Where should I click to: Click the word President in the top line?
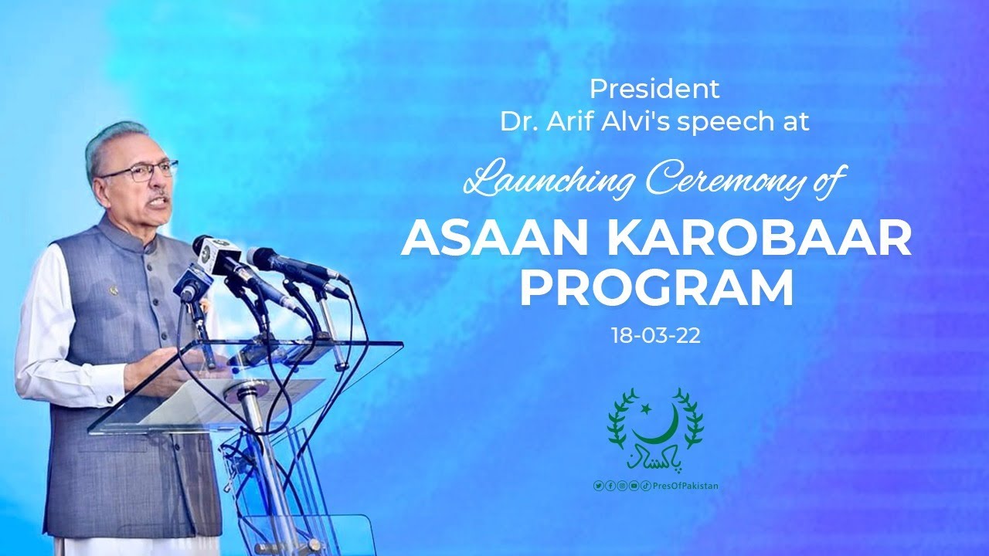[654, 89]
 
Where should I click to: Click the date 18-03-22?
[656, 336]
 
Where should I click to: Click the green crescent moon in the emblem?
[658, 425]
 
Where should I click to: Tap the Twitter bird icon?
[599, 486]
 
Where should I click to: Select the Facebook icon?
[610, 486]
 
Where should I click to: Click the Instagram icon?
[622, 486]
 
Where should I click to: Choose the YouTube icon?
[634, 486]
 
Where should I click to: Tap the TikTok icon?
[645, 486]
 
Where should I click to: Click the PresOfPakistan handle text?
[685, 486]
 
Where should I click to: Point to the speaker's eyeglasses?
[140, 172]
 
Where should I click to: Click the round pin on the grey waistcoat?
[114, 291]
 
